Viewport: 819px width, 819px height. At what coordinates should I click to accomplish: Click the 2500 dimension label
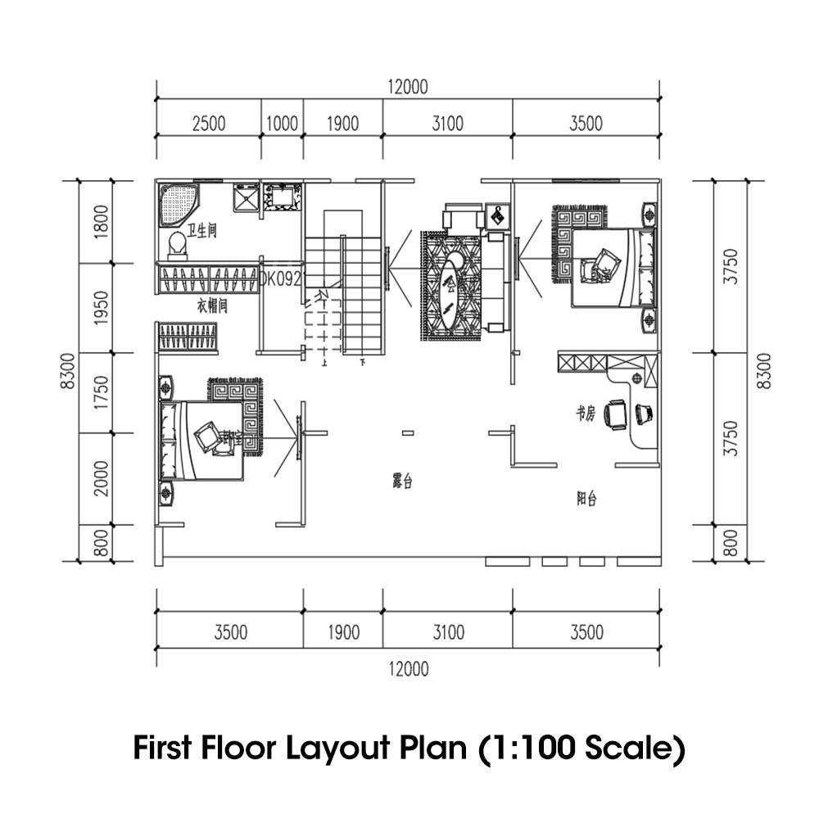point(209,124)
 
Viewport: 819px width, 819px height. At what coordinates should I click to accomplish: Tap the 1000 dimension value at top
point(283,124)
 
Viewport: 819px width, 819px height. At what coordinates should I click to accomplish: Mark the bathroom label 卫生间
point(201,232)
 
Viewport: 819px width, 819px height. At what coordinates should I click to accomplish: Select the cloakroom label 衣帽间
point(211,305)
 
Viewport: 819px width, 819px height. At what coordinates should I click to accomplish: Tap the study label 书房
point(584,415)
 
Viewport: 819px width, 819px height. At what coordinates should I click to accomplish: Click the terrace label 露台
point(402,482)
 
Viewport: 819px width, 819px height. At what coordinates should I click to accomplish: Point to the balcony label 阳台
point(586,497)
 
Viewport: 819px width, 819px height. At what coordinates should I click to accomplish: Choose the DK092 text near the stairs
point(281,278)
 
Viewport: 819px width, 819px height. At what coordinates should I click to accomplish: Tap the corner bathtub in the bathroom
point(178,204)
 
